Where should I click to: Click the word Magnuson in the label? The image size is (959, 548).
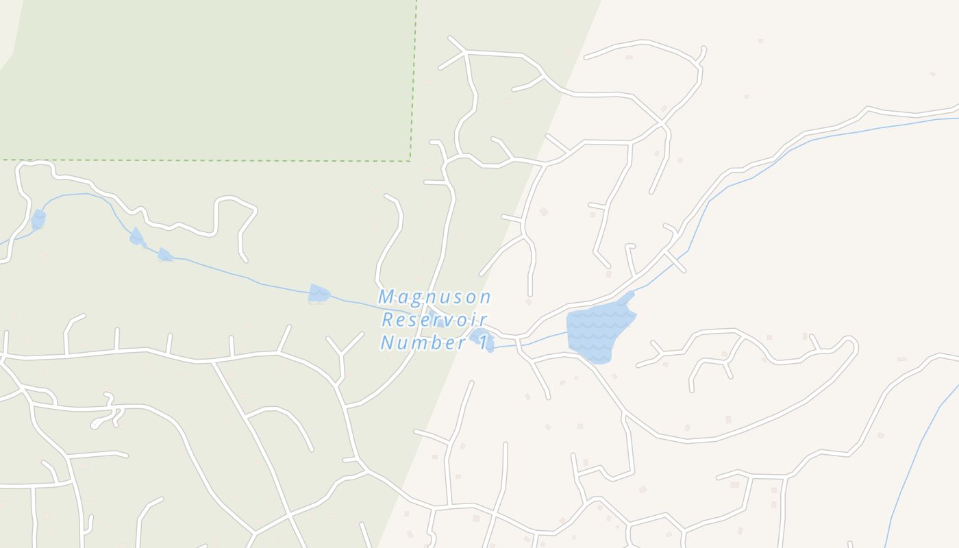click(x=434, y=297)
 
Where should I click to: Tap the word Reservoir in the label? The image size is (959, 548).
click(x=434, y=320)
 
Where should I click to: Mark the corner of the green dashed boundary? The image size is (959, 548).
click(x=410, y=162)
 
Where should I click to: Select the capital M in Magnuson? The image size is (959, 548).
click(x=387, y=297)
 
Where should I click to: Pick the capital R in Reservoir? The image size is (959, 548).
click(x=388, y=320)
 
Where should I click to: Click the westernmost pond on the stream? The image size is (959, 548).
click(x=38, y=219)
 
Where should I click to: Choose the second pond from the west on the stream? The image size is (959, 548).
click(x=137, y=237)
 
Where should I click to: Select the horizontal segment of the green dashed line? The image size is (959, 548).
click(x=206, y=160)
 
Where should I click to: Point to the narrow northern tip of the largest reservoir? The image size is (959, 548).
click(x=628, y=297)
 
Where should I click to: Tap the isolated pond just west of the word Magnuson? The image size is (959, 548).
click(x=318, y=294)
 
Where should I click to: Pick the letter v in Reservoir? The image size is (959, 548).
click(x=453, y=320)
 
